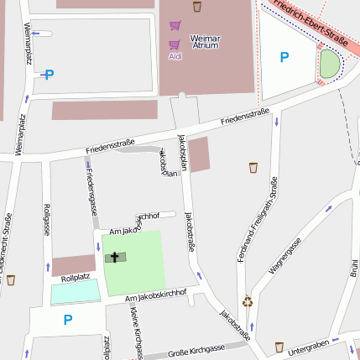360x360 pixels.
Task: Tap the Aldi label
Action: tap(175, 56)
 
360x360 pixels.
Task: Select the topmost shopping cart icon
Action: tap(175, 25)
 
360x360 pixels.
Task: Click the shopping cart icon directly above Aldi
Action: tap(175, 44)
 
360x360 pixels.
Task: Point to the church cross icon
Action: tap(115, 257)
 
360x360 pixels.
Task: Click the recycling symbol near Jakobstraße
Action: tap(248, 301)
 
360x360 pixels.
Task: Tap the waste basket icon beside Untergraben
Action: tap(279, 347)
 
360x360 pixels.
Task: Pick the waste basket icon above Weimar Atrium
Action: tap(197, 8)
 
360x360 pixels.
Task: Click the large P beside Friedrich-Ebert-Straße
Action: tap(284, 57)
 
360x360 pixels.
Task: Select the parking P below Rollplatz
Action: tap(68, 319)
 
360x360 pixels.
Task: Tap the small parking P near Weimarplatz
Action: tap(49, 74)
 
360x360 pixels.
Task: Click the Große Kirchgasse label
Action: tap(196, 352)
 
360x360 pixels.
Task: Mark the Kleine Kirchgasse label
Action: tap(136, 332)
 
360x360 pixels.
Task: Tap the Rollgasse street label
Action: tap(46, 220)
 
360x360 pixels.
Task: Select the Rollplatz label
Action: tap(75, 277)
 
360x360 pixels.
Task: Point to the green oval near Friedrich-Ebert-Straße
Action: tap(331, 64)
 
